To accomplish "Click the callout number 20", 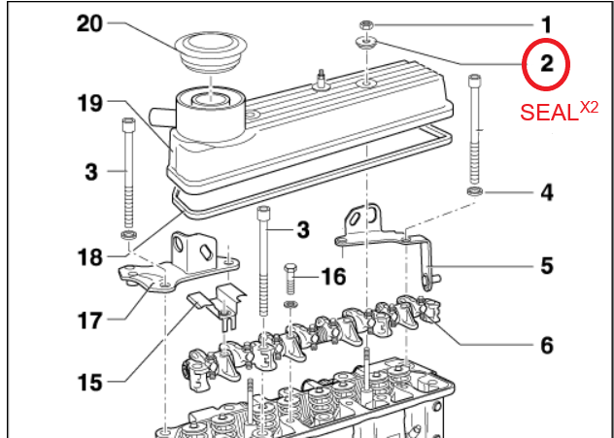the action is point(89,24).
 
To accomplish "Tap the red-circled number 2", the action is point(547,63).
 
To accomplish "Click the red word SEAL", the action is point(549,113).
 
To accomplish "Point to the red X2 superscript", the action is point(589,107).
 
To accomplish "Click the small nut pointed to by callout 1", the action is point(366,26).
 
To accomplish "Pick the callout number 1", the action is point(547,25).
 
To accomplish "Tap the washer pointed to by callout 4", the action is point(475,191).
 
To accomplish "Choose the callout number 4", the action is point(547,193).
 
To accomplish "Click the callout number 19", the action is point(90,104).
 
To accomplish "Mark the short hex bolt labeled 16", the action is point(290,279).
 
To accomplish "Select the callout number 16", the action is point(333,277).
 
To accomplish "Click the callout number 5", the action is point(547,266).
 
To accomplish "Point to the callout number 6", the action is point(547,346).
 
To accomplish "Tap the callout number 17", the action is point(90,320).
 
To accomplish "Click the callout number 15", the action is point(90,383).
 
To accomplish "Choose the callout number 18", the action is point(90,257).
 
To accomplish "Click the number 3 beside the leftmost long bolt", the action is point(91,172).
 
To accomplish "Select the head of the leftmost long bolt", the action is point(129,126).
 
